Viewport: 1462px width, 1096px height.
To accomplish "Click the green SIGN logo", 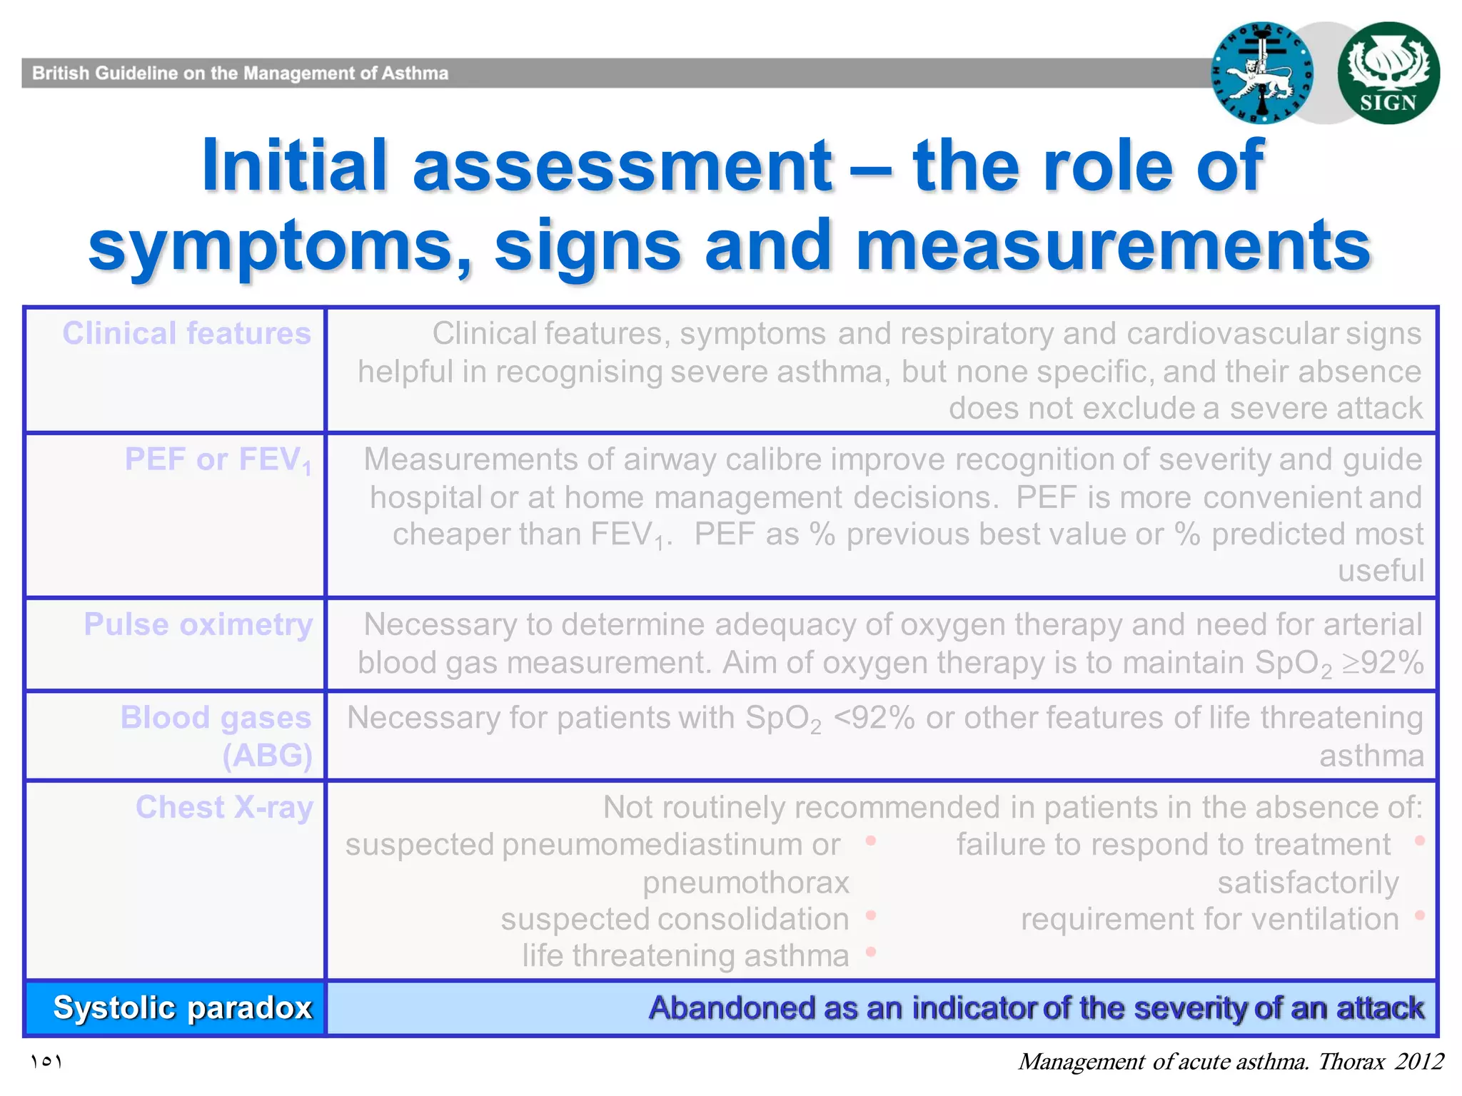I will click(1388, 73).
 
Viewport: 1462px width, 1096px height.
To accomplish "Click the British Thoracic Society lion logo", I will click(1262, 73).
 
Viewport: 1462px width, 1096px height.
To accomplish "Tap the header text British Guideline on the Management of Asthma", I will click(240, 73).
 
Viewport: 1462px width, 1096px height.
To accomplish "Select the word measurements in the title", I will click(1112, 245).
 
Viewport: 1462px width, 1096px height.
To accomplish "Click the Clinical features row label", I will click(186, 334).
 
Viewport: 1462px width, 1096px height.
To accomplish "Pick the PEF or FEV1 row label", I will click(218, 460).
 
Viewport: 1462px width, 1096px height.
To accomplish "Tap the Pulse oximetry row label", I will click(198, 624).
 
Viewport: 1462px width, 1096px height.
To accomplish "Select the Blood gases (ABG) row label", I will click(216, 736).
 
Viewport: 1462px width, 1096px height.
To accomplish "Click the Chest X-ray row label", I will click(224, 808).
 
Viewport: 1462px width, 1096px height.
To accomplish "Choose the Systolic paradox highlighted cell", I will click(182, 1008).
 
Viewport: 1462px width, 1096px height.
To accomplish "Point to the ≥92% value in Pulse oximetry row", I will click(1383, 663).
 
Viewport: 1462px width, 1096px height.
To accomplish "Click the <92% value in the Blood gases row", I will click(874, 718).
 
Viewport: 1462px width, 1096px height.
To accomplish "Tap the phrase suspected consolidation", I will click(675, 919).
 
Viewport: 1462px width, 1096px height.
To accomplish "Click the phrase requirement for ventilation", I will click(1209, 919).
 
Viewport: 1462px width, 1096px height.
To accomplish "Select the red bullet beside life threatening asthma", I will click(870, 952).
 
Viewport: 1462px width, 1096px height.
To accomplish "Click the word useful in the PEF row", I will click(1381, 571).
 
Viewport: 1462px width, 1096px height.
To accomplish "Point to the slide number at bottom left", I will click(46, 1062).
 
